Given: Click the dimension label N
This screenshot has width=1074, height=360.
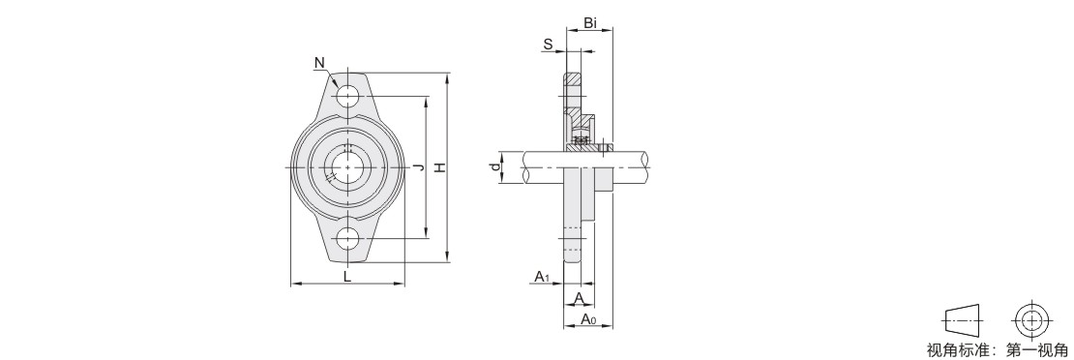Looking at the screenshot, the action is pyautogui.click(x=319, y=63).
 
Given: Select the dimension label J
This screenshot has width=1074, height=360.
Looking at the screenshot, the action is pyautogui.click(x=419, y=167).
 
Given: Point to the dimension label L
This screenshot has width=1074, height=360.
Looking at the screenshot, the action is pyautogui.click(x=347, y=277).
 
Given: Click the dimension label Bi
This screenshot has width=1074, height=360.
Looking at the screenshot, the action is pyautogui.click(x=590, y=23).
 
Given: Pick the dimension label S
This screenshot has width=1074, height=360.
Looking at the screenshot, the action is pyautogui.click(x=548, y=45).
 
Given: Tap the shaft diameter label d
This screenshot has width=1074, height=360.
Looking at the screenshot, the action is pyautogui.click(x=493, y=167).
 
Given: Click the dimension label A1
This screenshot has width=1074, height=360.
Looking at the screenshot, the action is pyautogui.click(x=543, y=277).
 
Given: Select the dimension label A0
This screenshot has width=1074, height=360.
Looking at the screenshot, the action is pyautogui.click(x=588, y=318).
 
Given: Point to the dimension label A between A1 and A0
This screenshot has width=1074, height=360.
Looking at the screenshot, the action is pyautogui.click(x=579, y=298).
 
